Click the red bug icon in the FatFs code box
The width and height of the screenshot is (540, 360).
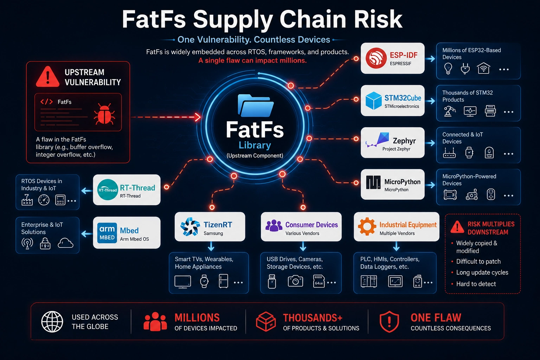[104, 114]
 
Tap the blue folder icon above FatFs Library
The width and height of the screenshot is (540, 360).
[256, 105]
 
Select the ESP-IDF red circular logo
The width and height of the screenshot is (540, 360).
[376, 58]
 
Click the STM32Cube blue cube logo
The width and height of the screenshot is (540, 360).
[373, 101]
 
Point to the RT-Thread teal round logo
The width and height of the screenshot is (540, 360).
[108, 189]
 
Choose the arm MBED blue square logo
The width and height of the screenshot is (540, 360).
[107, 233]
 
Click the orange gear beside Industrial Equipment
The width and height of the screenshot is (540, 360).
[367, 226]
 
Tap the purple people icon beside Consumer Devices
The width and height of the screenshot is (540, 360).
[274, 225]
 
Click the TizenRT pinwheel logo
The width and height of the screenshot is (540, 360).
[190, 226]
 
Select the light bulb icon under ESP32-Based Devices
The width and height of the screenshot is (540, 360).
[448, 68]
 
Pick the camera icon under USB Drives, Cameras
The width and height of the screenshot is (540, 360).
[295, 281]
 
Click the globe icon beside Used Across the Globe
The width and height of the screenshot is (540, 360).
[52, 322]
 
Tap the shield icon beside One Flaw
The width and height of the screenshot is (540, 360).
[389, 322]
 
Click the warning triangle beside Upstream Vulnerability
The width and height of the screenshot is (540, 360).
[48, 77]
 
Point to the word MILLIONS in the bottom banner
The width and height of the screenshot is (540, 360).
[197, 317]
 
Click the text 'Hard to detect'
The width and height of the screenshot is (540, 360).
[476, 284]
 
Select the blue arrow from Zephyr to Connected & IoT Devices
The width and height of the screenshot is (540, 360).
[430, 143]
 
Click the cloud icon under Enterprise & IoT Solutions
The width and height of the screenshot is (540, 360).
[65, 243]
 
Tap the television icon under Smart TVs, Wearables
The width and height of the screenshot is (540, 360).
[183, 282]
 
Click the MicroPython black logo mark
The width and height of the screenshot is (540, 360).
[373, 182]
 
